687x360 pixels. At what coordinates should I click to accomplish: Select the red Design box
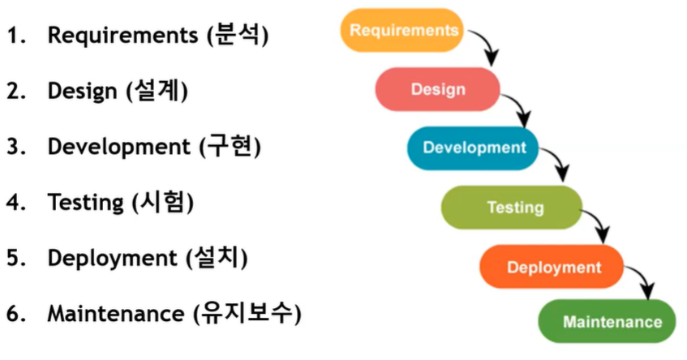coord(438,89)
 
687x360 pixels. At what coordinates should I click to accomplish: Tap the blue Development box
coord(474,148)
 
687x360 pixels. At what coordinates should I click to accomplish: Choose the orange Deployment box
coord(553,267)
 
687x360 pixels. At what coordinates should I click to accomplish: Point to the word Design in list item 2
coord(82,92)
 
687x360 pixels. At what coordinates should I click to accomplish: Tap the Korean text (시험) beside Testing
coord(163,202)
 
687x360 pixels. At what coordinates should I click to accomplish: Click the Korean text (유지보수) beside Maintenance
coord(247,313)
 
